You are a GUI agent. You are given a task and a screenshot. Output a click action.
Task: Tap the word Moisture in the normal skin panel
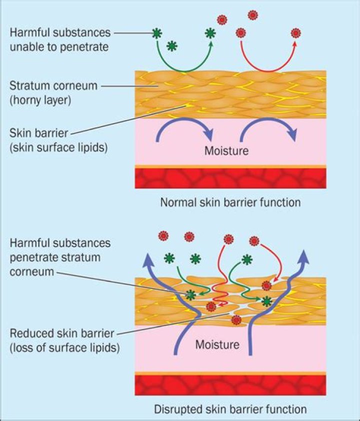point(226,150)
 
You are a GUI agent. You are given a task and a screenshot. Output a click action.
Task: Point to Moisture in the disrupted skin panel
point(217,344)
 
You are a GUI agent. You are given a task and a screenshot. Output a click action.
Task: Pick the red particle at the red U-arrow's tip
point(296,33)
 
